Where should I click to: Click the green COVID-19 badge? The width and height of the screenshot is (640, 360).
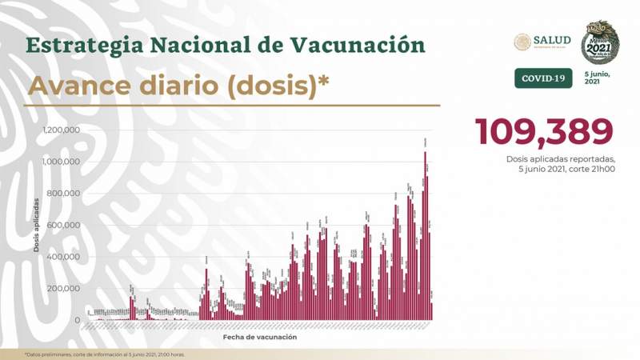click(542, 78)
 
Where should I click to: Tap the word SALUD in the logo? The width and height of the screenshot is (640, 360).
click(552, 40)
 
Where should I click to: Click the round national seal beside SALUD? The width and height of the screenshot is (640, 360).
click(522, 42)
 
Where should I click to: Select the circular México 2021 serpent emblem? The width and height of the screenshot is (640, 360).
click(599, 42)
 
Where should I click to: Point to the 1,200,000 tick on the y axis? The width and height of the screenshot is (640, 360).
click(61, 130)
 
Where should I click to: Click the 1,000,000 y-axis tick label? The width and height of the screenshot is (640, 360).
click(61, 162)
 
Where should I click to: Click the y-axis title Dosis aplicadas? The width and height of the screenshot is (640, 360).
click(36, 225)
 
